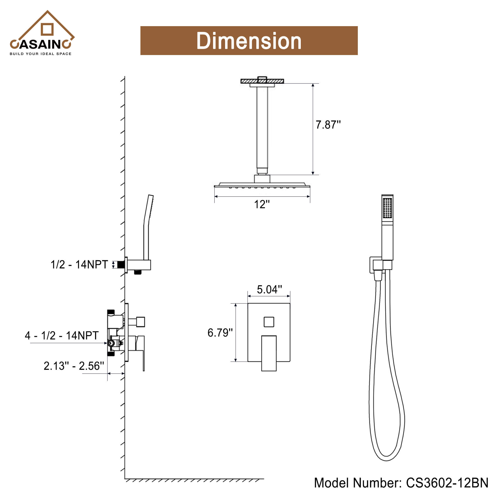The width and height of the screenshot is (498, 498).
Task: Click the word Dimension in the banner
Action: coord(249,41)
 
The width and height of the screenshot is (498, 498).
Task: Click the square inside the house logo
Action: coord(47,29)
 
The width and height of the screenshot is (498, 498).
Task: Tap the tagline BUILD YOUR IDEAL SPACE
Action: coord(41,54)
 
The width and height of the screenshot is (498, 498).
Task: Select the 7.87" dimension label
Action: coord(328,125)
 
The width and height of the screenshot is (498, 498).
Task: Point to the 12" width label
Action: coord(262,204)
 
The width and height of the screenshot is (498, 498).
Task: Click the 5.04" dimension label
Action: coord(269,290)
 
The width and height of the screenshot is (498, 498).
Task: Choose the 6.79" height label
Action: coord(220,333)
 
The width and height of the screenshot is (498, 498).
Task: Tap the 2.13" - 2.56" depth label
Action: coord(74,366)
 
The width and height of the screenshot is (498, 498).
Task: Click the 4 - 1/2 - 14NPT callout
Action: coord(62,336)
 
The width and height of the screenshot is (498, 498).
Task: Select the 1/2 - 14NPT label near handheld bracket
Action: coord(79,265)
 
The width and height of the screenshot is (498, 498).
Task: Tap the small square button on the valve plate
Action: coord(269,322)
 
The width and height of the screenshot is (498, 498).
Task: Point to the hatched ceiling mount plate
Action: coord(262,81)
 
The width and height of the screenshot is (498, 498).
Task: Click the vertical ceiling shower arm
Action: coord(262,129)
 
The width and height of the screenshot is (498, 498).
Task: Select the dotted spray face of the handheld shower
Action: coord(387,208)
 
